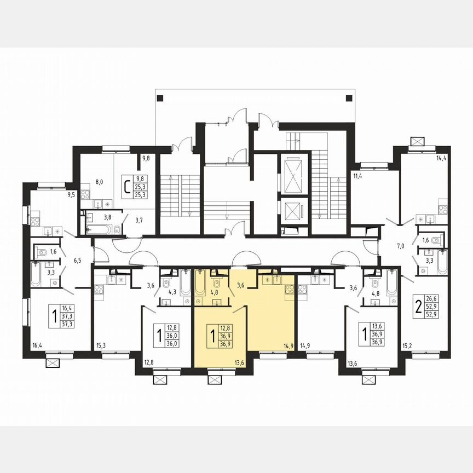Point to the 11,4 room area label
359,176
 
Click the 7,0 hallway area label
401,246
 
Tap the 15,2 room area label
407,345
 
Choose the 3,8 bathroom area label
108,217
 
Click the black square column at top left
159,98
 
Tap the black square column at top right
349,98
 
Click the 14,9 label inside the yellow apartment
289,345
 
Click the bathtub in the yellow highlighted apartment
200,281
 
